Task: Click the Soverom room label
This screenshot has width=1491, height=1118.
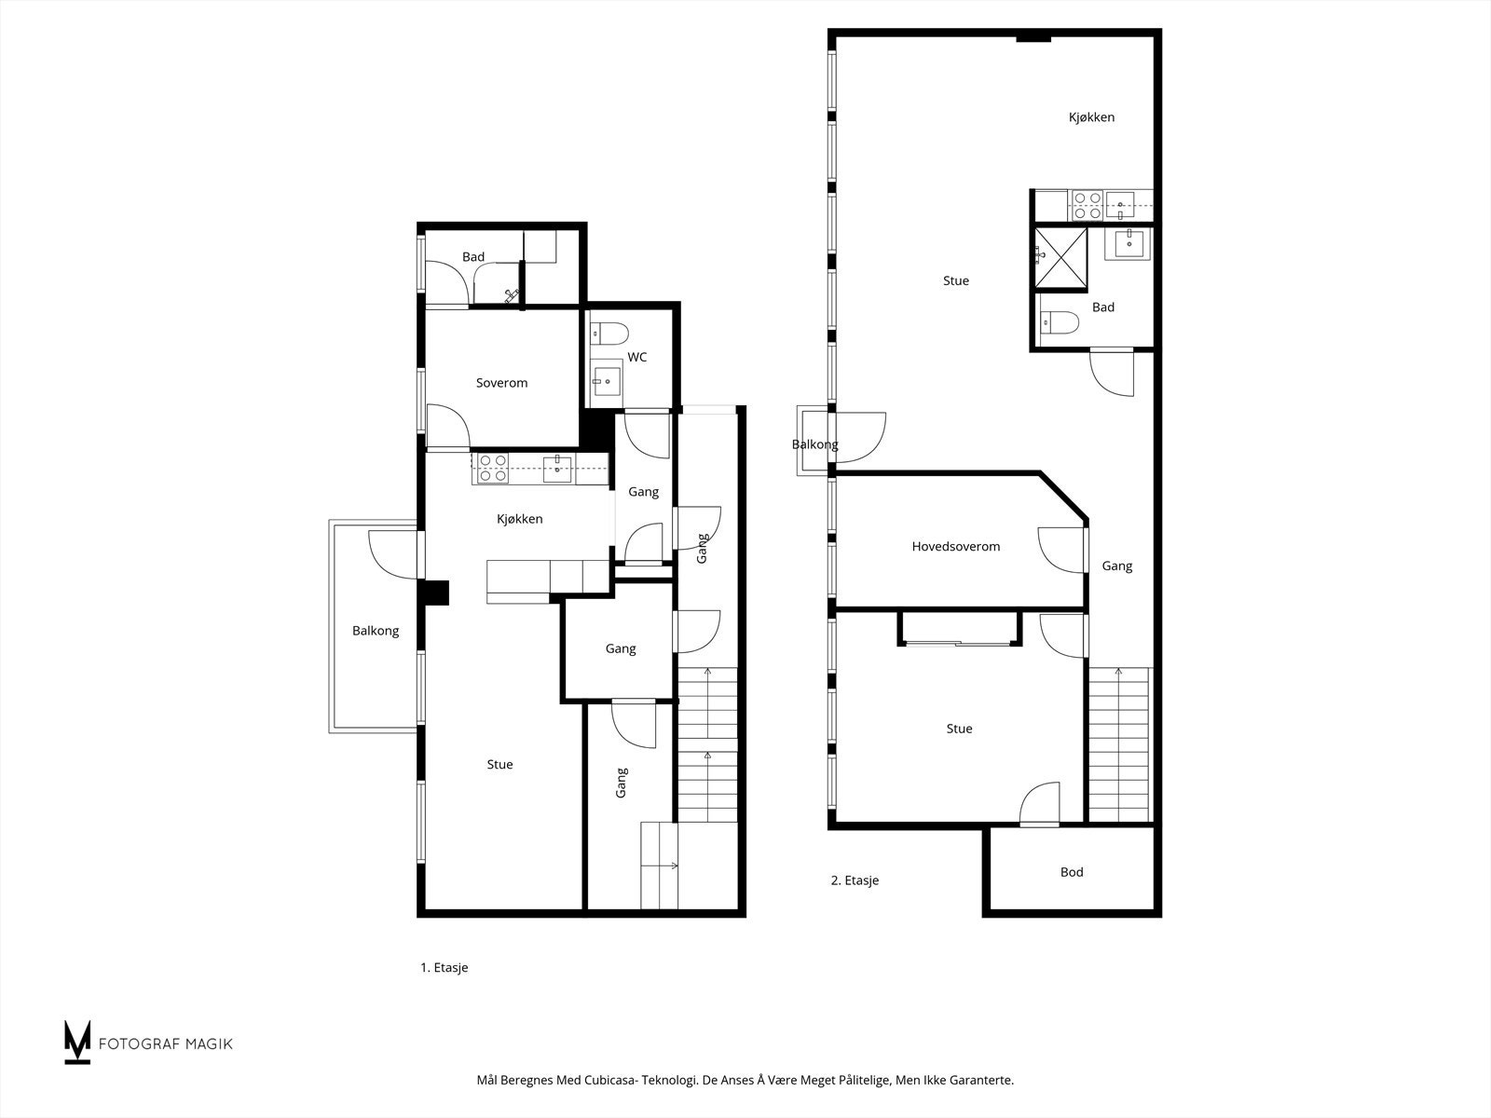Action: (501, 383)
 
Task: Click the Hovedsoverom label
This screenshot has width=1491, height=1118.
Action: (955, 547)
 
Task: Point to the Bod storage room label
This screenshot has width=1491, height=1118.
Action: (1072, 873)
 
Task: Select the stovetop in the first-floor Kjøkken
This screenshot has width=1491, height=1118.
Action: (492, 468)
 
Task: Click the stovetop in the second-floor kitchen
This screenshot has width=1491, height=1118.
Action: (1086, 205)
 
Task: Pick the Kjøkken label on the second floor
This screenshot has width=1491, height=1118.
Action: (1091, 117)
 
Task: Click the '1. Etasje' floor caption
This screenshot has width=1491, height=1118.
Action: (444, 968)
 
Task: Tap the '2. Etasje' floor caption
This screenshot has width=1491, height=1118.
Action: (855, 880)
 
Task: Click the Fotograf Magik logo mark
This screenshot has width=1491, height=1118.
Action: (77, 1042)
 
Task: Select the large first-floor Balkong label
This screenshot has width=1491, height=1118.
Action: (376, 631)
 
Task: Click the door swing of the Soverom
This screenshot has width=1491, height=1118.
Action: (448, 426)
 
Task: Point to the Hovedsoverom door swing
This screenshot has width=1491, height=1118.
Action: (1060, 551)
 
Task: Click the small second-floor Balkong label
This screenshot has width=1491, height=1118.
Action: (814, 445)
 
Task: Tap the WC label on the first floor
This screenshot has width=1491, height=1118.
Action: (637, 358)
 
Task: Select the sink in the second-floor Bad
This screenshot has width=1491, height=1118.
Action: (1128, 243)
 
